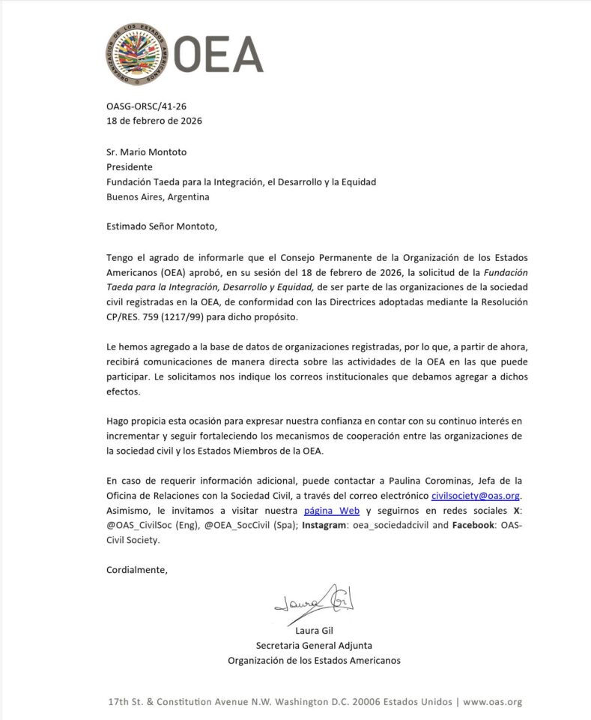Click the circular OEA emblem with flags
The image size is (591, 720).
[137, 53]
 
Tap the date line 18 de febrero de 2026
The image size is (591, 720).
[154, 121]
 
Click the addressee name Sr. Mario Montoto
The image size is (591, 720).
[146, 152]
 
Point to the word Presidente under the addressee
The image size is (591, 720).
[130, 166]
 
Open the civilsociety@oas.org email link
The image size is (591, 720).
[476, 496]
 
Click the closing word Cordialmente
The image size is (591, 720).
[137, 570]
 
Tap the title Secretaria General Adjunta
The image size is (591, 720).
[314, 645]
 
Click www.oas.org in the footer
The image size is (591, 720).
[492, 702]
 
